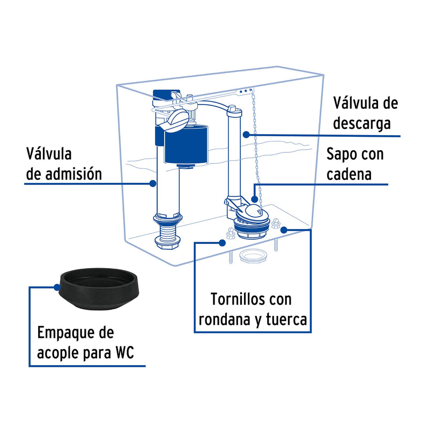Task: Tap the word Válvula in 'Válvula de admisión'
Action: click(x=49, y=154)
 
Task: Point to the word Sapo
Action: click(x=343, y=155)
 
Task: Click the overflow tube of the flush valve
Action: click(x=234, y=156)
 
